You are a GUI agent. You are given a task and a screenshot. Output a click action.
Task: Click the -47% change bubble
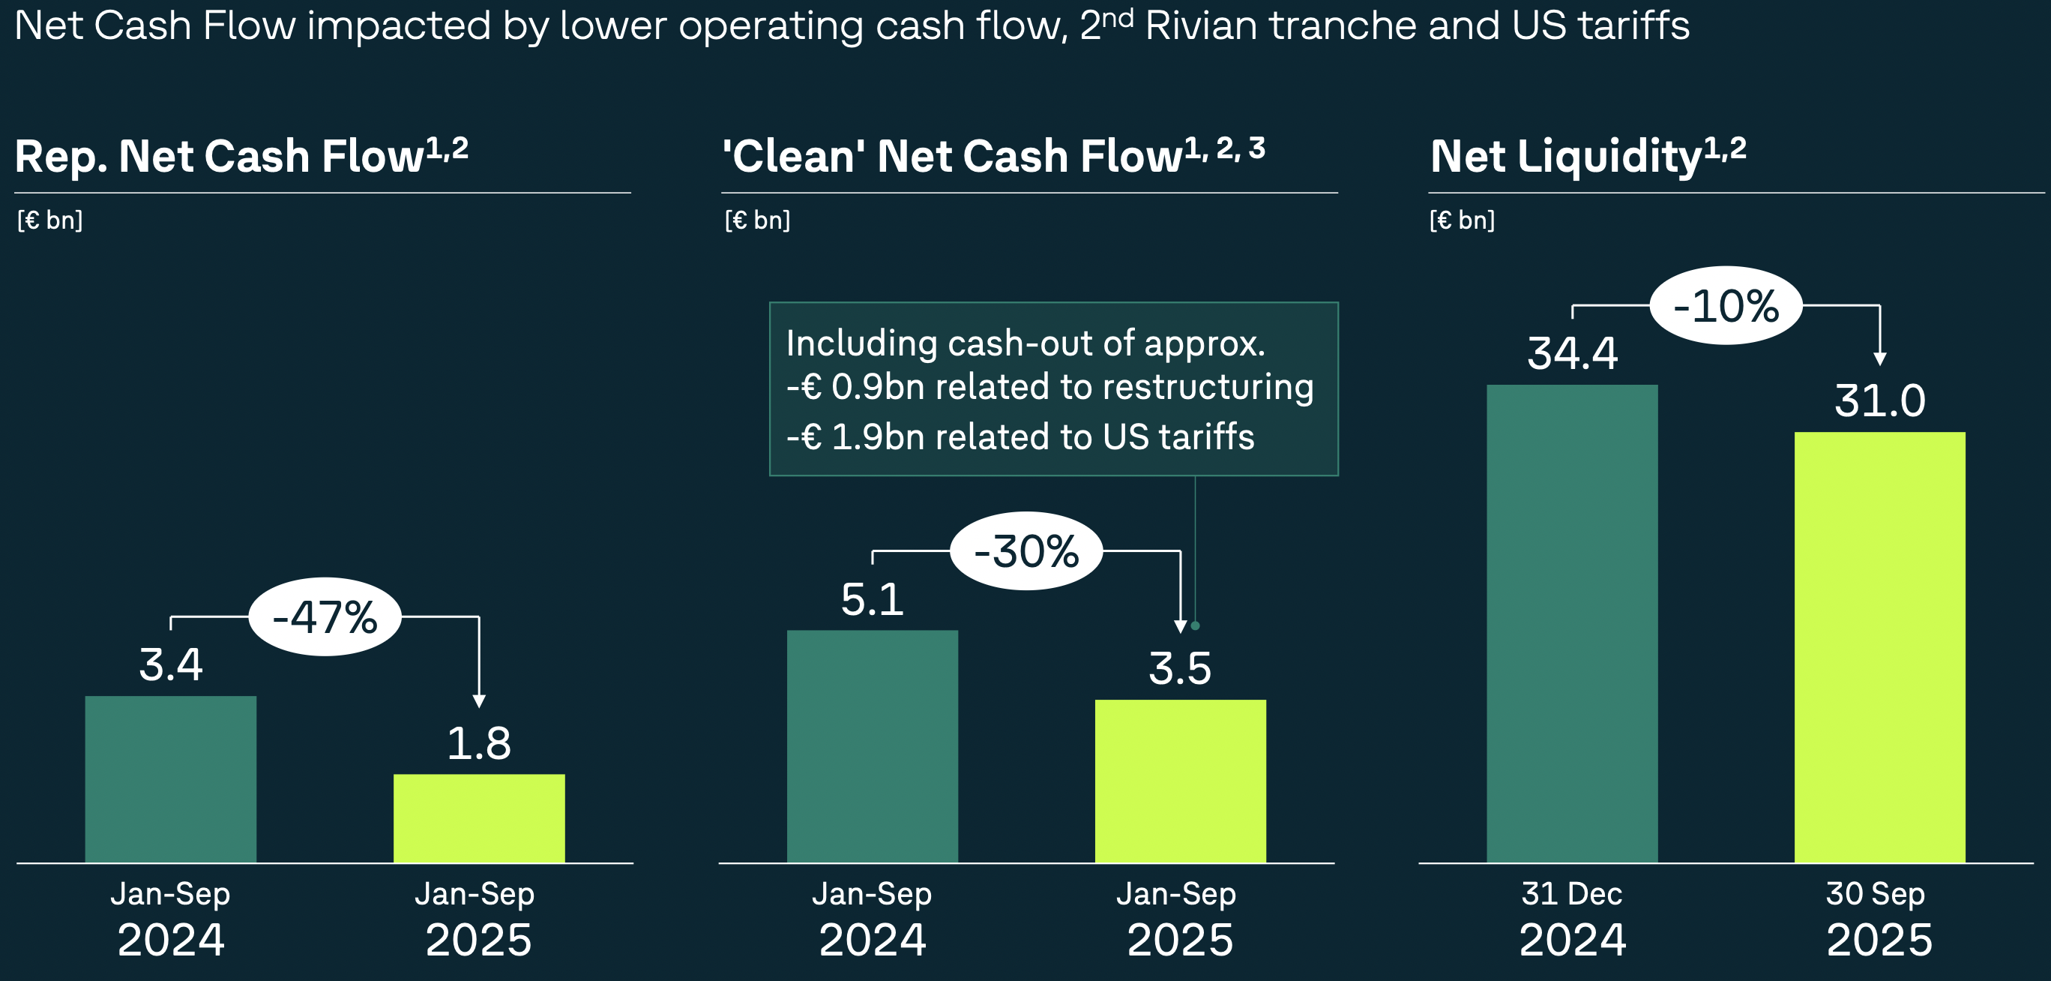tap(325, 617)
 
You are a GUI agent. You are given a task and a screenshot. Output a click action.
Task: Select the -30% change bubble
tap(1026, 551)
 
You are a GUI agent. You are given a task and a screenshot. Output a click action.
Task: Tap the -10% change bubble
tap(1726, 306)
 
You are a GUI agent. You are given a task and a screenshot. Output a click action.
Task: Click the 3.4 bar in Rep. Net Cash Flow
tap(170, 778)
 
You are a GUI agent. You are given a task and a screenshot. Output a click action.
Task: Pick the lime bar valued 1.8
tap(478, 817)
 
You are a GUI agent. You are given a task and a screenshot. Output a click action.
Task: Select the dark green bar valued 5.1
tap(872, 746)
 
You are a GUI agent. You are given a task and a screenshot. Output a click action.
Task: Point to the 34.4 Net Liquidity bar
tap(1572, 623)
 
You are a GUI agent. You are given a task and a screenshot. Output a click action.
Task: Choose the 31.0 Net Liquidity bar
tap(1879, 646)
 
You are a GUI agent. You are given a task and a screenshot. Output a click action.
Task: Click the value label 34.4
tap(1573, 353)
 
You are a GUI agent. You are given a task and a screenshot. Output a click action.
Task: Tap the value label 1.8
tap(478, 744)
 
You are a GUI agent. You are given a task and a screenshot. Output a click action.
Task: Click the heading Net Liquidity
tap(1565, 156)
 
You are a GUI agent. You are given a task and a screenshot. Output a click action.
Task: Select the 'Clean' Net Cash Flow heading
tap(952, 156)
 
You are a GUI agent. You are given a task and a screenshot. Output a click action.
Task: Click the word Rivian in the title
tap(1201, 25)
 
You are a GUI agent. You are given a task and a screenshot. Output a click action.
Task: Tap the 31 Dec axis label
tap(1572, 893)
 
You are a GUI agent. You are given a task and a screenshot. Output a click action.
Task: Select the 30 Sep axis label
tap(1875, 893)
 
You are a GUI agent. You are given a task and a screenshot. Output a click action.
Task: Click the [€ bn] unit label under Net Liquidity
tap(1462, 220)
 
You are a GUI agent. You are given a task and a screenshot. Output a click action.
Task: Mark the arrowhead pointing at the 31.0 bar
tap(1880, 359)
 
